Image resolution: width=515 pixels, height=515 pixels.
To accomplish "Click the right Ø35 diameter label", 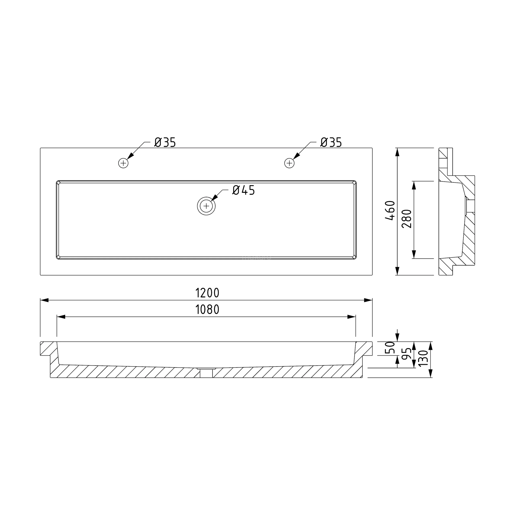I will [x=331, y=143].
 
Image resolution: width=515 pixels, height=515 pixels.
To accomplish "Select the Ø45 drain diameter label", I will [x=244, y=190].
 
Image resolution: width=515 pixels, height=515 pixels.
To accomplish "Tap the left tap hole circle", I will [x=123, y=163].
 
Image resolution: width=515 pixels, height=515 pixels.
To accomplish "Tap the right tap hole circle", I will [x=289, y=163].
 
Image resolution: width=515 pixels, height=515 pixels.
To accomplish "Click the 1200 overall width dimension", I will [x=207, y=293].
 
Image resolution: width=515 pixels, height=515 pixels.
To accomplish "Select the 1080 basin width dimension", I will [x=207, y=309].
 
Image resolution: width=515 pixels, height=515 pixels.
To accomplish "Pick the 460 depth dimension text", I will [x=390, y=211].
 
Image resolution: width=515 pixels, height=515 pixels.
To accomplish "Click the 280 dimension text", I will [x=407, y=219].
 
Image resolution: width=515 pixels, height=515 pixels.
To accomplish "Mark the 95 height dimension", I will [x=407, y=354].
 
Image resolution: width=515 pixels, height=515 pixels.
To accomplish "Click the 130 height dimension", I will [x=423, y=358].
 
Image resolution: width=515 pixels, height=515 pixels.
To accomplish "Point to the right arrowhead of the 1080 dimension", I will [x=352, y=317].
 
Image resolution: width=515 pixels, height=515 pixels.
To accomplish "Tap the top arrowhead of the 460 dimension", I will [x=398, y=152].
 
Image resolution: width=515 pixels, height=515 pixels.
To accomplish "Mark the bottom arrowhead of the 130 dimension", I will [x=430, y=374].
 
